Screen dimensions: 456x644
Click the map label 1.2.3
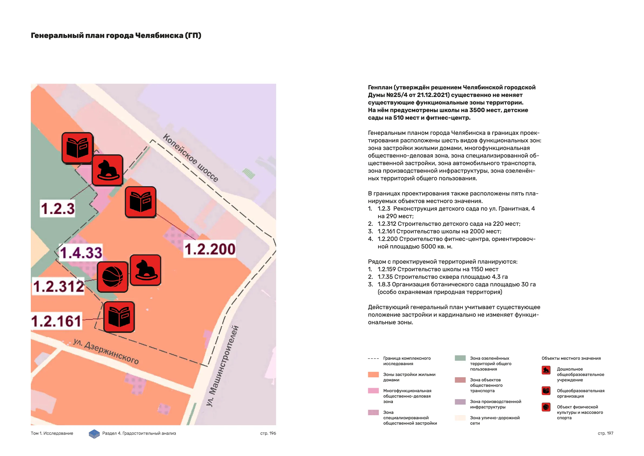coord(58,208)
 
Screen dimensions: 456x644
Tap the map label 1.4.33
coord(81,252)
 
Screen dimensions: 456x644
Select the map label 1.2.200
coord(210,249)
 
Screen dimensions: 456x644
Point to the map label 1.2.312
coord(58,286)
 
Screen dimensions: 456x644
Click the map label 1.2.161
coord(57,321)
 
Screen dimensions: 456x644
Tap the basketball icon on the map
coord(112,277)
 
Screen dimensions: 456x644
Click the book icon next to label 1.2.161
coord(119,317)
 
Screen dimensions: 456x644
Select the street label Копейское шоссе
coord(191,158)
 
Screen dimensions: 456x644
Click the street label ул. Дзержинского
coord(106,351)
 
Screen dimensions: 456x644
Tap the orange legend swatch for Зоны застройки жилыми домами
coord(373,375)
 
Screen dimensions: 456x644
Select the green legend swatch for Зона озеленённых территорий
coord(460,358)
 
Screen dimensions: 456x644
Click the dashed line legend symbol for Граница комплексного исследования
coord(373,359)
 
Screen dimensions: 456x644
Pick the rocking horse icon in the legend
coord(546,370)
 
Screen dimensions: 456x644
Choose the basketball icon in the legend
coord(546,407)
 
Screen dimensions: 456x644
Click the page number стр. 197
coord(605,433)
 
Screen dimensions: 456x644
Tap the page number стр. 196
coord(268,433)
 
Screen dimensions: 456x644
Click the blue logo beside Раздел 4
coord(94,434)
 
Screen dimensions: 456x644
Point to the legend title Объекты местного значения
coord(571,358)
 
